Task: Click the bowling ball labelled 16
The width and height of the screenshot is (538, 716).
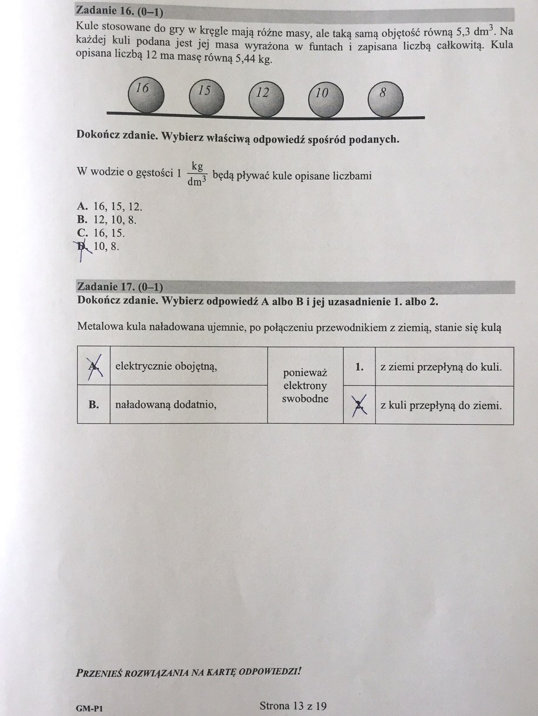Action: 147,95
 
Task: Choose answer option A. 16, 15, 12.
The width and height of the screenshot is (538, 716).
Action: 110,206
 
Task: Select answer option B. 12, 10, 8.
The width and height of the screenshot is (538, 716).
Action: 108,220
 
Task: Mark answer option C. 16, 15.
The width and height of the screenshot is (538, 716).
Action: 101,233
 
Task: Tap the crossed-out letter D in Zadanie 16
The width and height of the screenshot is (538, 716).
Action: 82,246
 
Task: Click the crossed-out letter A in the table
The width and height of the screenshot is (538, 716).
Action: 93,366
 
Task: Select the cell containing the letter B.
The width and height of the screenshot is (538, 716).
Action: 93,404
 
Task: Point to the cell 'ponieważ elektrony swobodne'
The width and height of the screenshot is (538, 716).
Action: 305,386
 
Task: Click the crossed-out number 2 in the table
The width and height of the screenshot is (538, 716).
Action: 358,404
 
